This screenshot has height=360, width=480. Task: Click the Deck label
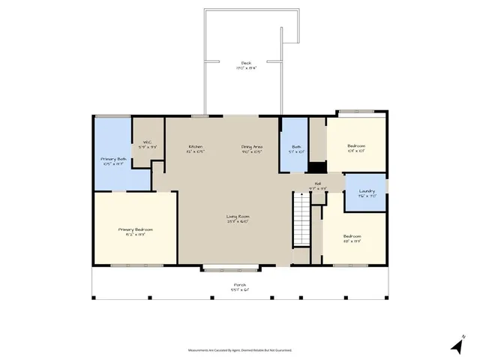(245, 63)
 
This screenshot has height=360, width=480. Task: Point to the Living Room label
(238, 217)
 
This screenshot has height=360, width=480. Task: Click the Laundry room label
(367, 191)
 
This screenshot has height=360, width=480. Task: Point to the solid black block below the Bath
(317, 167)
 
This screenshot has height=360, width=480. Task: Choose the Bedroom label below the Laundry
(352, 238)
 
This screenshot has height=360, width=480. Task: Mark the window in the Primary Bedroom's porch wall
(137, 265)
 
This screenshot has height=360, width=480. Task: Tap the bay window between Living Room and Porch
(231, 267)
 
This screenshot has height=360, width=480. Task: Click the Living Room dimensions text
(238, 221)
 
